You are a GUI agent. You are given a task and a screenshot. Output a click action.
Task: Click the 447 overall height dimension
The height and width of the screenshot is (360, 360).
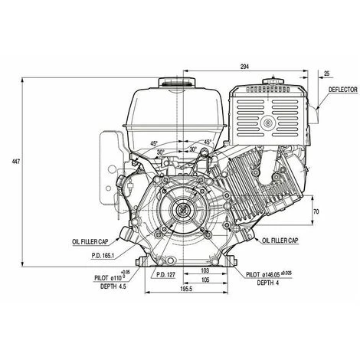16,162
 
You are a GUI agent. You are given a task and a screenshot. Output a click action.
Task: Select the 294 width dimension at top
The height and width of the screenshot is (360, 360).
244,67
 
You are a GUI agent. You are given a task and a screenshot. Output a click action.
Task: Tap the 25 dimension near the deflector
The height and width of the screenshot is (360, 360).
326,74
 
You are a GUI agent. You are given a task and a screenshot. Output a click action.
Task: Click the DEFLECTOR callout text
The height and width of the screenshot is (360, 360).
342,90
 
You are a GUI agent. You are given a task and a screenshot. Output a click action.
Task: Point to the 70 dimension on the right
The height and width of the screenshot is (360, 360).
316,211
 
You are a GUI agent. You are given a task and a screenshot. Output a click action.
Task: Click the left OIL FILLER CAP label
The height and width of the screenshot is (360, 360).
90,241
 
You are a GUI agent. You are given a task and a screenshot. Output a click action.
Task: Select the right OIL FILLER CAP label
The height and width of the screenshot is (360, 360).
280,241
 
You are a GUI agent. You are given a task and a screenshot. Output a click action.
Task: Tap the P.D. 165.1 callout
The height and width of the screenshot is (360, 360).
103,255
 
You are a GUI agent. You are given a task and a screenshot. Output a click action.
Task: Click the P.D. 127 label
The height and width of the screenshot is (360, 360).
165,274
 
